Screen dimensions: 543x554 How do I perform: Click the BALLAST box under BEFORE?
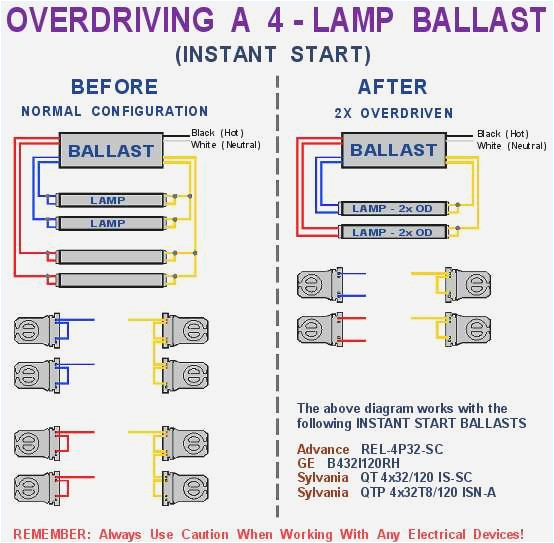tap(110, 151)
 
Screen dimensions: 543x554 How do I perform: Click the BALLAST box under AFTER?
tap(393, 150)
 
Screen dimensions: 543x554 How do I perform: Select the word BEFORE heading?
tap(114, 87)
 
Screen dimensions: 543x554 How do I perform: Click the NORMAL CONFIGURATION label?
tap(114, 112)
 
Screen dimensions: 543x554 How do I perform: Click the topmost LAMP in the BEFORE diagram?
tap(108, 201)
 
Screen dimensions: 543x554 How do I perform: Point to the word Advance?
tap(323, 449)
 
